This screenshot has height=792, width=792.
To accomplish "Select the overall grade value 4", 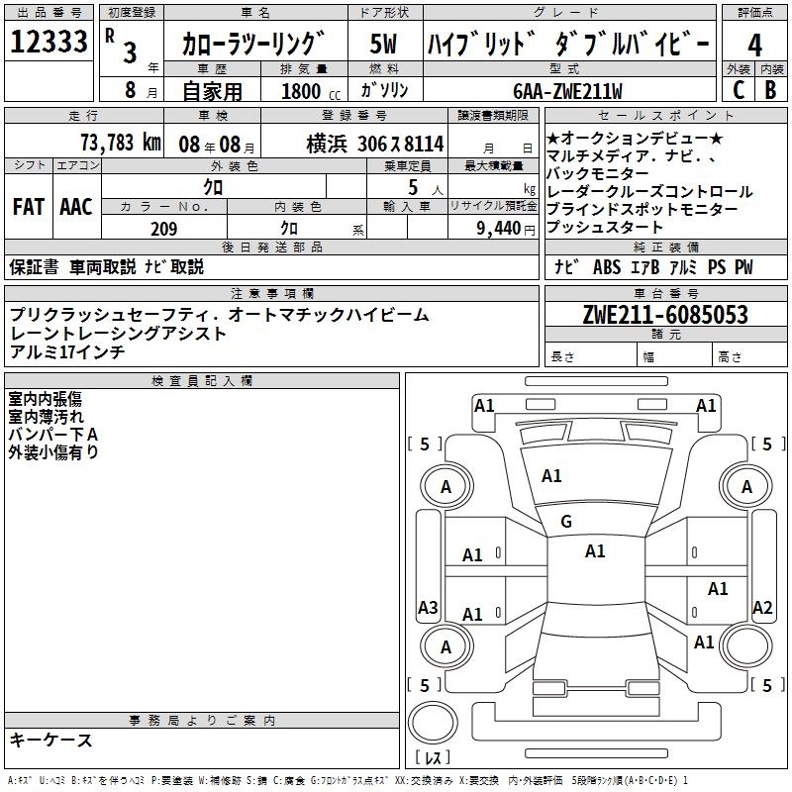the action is [755, 45].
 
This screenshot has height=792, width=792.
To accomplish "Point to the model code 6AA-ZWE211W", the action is [568, 90].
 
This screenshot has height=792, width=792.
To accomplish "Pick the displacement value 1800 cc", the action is [303, 90].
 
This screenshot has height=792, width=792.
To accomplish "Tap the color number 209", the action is [164, 229].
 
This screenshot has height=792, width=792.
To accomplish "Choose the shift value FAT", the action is [28, 207].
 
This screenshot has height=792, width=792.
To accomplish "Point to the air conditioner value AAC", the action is [75, 207].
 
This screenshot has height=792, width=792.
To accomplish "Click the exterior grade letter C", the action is [738, 89].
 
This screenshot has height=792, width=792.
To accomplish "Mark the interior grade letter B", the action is [770, 89].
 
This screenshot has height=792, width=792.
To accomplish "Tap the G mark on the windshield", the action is [565, 522].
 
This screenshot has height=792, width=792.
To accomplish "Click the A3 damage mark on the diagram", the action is [428, 607].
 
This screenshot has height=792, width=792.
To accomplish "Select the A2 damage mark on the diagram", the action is [762, 608].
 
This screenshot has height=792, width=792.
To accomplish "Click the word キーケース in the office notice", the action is [51, 740].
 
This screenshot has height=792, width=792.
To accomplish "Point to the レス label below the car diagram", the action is [434, 758].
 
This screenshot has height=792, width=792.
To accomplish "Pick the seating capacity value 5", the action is [411, 186].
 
